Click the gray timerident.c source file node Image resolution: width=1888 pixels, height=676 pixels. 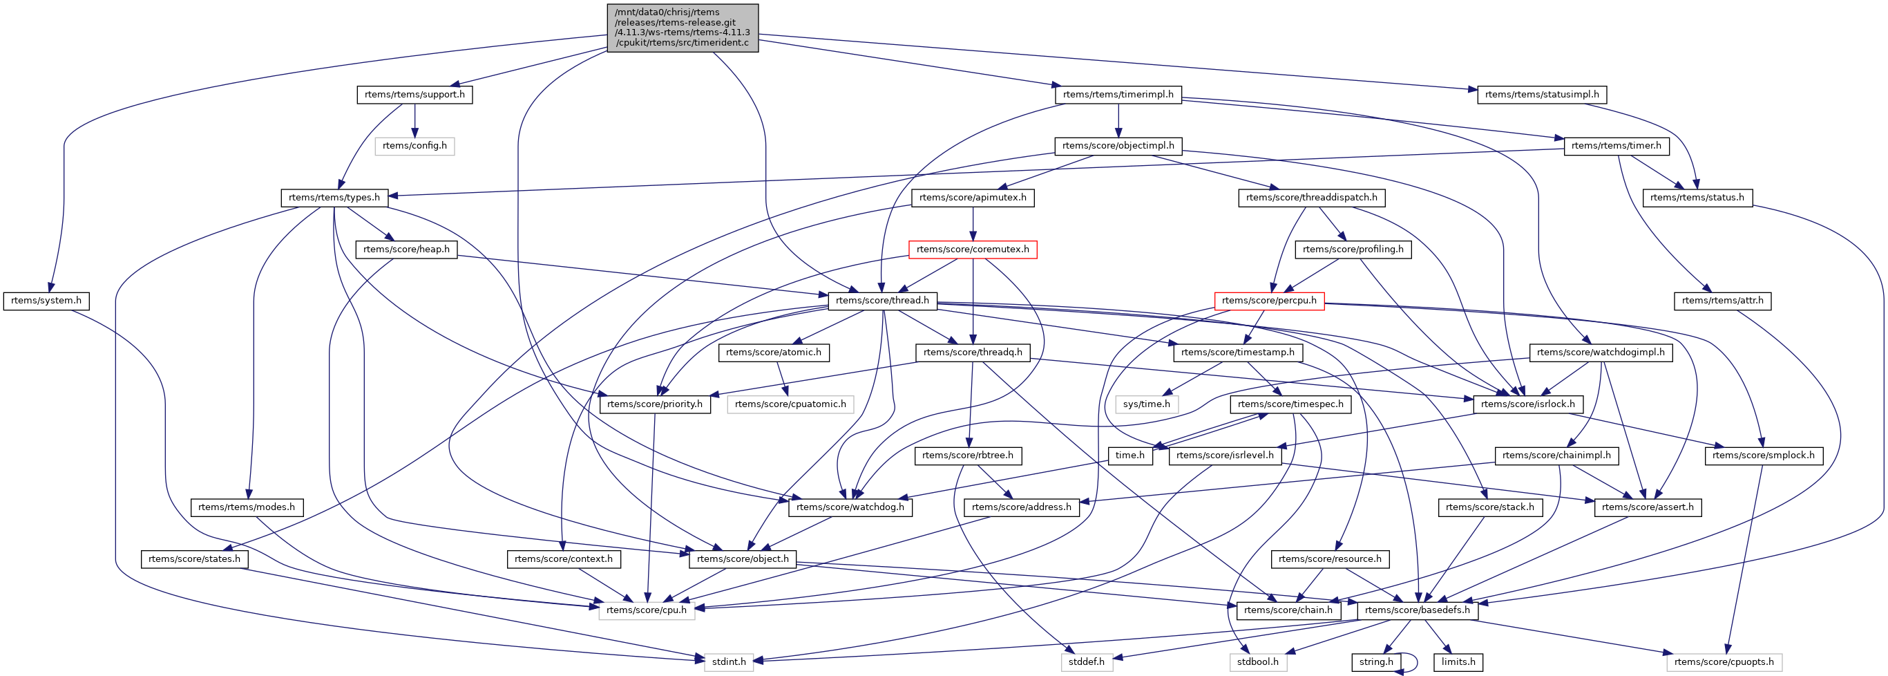(683, 28)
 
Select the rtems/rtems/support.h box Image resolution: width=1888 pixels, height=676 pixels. (414, 95)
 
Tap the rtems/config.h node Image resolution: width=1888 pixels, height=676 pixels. (414, 146)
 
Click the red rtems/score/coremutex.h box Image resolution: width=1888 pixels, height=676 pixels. (972, 250)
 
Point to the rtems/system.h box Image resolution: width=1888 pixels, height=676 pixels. (46, 301)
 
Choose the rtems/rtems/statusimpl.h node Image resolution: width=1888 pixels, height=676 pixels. (1541, 95)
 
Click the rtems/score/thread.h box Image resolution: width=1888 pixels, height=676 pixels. (881, 301)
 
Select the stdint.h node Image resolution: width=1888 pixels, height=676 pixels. (729, 662)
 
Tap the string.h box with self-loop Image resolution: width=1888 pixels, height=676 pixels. (1375, 662)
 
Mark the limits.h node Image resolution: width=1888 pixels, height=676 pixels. (1458, 662)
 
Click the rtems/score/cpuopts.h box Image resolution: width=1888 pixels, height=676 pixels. (1724, 662)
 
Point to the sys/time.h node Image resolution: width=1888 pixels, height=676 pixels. (1146, 404)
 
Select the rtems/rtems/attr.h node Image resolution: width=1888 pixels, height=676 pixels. (1722, 301)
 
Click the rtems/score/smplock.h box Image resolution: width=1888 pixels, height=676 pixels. (1763, 456)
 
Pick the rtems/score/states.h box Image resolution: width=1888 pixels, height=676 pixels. (193, 559)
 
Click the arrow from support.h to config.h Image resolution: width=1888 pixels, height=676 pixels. (414, 120)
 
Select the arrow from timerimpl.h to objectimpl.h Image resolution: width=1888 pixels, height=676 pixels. (1118, 120)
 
